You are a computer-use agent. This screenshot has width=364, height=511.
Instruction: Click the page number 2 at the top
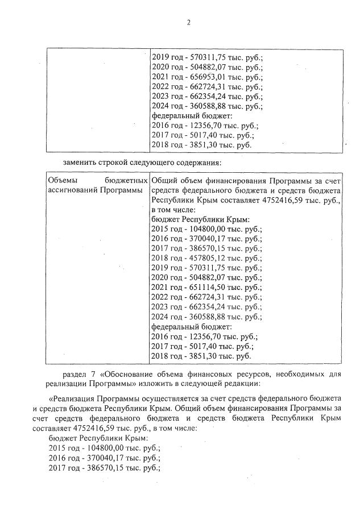click(x=187, y=22)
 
